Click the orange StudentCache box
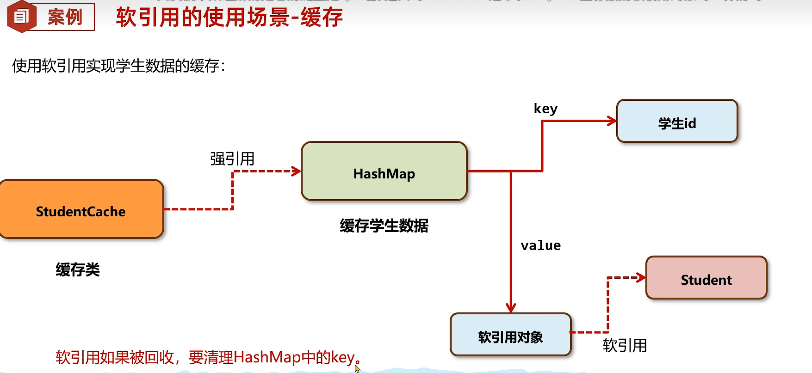(x=81, y=209)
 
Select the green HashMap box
(x=384, y=171)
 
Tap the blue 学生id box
(x=677, y=121)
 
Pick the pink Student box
(x=706, y=278)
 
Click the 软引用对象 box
(x=510, y=335)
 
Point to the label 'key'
(x=545, y=109)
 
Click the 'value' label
(x=540, y=245)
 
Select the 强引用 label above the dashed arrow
(x=232, y=159)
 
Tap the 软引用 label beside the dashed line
(x=625, y=345)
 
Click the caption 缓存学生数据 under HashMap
(x=384, y=226)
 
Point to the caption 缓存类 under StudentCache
(x=78, y=269)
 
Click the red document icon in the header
(x=21, y=17)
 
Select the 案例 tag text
(x=65, y=17)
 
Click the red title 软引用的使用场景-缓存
(x=229, y=18)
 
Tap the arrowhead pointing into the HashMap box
(x=297, y=171)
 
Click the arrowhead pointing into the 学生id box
(x=612, y=121)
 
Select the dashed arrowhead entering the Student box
(x=641, y=278)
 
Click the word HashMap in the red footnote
(x=267, y=357)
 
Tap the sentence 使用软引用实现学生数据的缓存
(x=118, y=66)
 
